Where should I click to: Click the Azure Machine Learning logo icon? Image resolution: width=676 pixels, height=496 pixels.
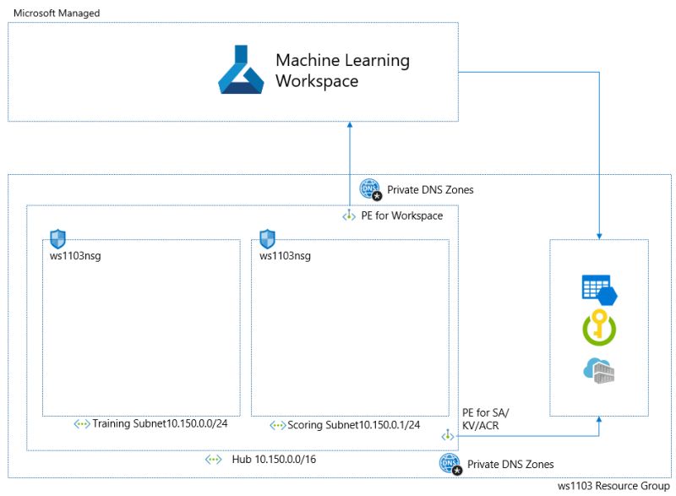point(242,70)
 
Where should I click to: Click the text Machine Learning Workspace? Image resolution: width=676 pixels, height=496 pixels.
point(342,71)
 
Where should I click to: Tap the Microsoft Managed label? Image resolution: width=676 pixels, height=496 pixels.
point(56,14)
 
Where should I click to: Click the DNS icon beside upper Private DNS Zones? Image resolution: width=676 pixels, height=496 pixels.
point(370,189)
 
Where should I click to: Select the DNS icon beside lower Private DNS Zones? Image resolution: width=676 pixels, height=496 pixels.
point(450,464)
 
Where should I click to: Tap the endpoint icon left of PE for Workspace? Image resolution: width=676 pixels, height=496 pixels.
point(349,216)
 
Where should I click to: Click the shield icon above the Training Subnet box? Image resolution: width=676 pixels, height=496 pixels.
point(57,238)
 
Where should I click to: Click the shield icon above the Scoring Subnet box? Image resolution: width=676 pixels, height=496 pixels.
point(267,238)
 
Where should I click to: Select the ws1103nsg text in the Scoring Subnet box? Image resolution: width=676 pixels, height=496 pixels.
point(285,255)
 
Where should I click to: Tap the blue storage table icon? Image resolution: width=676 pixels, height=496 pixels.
point(599,289)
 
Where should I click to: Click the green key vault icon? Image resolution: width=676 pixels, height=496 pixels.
point(599,330)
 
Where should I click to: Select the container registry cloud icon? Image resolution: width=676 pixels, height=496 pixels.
point(599,370)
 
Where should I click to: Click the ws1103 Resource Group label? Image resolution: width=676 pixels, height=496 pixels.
point(614,487)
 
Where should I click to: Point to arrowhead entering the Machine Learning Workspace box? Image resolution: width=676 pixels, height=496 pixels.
point(349,125)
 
